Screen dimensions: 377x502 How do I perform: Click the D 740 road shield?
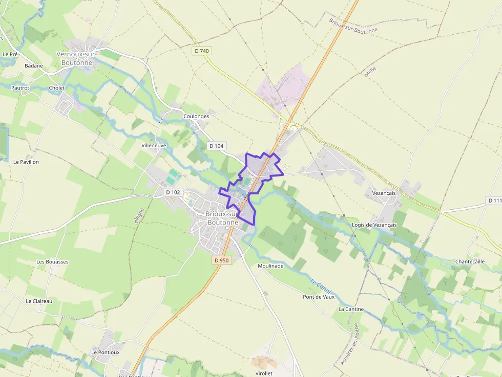pos(202,51)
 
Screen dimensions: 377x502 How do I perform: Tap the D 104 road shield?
pos(217,146)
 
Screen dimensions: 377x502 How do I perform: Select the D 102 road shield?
pos(174,192)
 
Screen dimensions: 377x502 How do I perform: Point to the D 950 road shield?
pos(221,260)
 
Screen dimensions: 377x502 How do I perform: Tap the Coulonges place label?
pos(196,116)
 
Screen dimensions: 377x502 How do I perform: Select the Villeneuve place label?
pos(154,145)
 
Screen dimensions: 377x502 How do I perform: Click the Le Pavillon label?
pos(26,162)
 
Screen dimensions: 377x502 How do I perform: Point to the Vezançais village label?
pos(381,193)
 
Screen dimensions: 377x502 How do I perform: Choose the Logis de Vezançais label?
pos(374,225)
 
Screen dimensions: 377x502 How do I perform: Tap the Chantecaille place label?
pos(470,261)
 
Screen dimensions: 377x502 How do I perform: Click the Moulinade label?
pos(270,266)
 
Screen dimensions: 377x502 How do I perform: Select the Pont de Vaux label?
pos(318,297)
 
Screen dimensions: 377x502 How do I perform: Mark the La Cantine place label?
pos(351,309)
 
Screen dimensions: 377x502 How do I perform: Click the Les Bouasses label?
pos(52,261)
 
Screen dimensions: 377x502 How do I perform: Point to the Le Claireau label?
pos(39,301)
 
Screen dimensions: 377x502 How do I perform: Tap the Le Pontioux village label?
pos(106,352)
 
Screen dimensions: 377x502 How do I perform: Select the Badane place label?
pos(34,66)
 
